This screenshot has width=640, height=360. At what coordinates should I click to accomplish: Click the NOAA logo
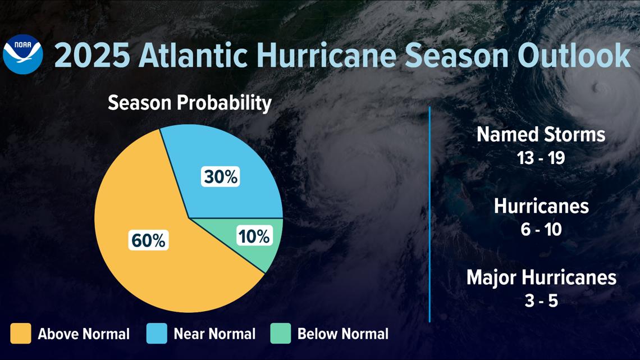tap(22, 54)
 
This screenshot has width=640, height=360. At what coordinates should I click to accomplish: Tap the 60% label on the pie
tap(148, 240)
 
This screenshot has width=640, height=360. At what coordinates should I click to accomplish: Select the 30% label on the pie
tap(221, 177)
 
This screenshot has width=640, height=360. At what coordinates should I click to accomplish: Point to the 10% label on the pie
tap(254, 236)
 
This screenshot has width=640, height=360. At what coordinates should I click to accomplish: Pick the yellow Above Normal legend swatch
tap(21, 334)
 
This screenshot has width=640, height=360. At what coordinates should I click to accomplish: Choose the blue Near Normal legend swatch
tap(157, 334)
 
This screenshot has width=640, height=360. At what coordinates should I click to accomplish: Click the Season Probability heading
tap(189, 103)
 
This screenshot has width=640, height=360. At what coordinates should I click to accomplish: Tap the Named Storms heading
tap(541, 135)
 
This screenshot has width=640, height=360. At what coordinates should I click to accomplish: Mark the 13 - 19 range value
tap(541, 158)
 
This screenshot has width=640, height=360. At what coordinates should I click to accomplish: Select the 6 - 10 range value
tap(541, 230)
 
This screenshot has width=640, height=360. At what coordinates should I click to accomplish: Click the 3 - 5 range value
tap(541, 301)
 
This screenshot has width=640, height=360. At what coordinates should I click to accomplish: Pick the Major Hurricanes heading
tap(541, 277)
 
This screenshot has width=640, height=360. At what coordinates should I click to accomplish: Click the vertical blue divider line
tap(429, 213)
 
